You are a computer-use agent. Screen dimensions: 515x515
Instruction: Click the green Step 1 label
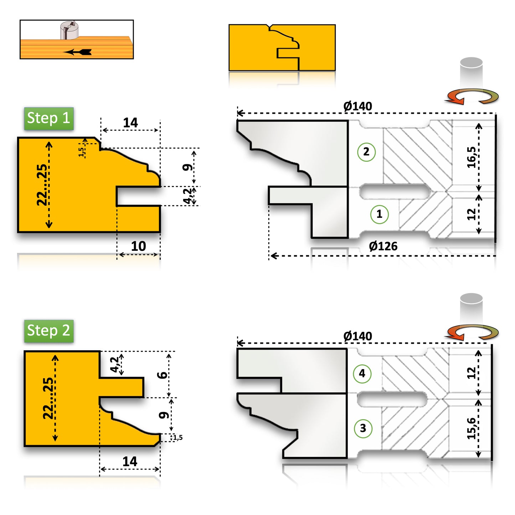49,118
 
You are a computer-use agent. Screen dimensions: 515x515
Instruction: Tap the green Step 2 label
49,331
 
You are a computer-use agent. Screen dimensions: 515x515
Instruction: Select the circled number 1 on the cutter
379,214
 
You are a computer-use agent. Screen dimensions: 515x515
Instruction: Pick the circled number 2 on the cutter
366,152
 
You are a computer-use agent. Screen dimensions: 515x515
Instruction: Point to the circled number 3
363,428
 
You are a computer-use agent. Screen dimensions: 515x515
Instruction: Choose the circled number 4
362,374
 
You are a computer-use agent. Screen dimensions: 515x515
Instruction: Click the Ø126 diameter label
383,246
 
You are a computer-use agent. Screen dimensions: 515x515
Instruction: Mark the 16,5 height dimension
471,157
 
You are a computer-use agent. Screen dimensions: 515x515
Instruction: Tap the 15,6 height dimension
471,428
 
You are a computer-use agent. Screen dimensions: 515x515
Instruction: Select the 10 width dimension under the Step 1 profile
138,246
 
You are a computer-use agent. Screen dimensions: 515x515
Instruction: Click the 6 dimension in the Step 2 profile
163,375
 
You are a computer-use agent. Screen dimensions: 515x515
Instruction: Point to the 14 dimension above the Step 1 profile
130,123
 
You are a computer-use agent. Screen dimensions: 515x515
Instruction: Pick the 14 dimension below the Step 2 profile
130,462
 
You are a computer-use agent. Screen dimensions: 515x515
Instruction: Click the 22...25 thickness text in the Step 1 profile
42,185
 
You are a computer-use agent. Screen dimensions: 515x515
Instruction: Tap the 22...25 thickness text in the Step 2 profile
48,398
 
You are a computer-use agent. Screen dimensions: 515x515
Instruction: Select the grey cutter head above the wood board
69,31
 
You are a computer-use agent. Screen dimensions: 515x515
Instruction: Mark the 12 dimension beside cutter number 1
471,214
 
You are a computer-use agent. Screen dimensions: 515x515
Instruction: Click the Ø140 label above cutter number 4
357,336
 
